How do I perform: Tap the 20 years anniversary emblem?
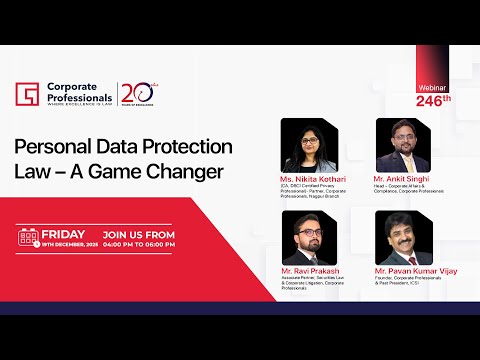(x=135, y=93)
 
